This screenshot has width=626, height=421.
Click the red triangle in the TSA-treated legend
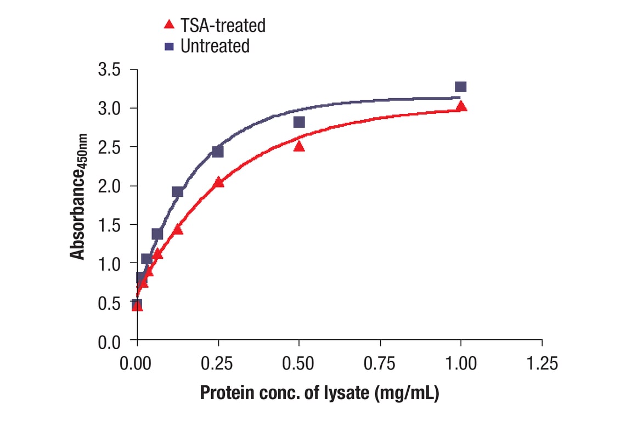pyautogui.click(x=170, y=24)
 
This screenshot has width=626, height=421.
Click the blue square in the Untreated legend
pyautogui.click(x=170, y=46)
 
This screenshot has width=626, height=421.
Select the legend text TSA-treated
pyautogui.click(x=223, y=25)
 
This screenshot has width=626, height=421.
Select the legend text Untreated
pyautogui.click(x=215, y=46)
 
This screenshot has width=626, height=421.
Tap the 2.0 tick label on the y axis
pyautogui.click(x=110, y=186)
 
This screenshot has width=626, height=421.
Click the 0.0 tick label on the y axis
pyautogui.click(x=110, y=342)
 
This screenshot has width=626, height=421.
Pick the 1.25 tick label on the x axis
pyautogui.click(x=542, y=363)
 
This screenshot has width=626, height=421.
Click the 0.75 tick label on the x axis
pyautogui.click(x=380, y=363)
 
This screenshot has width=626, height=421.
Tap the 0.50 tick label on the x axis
pyautogui.click(x=298, y=363)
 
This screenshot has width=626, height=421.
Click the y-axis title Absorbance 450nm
pyautogui.click(x=79, y=196)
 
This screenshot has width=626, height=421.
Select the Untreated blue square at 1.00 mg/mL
pyautogui.click(x=461, y=87)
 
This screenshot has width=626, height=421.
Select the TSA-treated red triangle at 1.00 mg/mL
pyautogui.click(x=461, y=106)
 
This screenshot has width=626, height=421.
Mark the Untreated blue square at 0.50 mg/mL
pyautogui.click(x=299, y=122)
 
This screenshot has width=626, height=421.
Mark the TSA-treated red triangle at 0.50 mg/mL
pyautogui.click(x=299, y=146)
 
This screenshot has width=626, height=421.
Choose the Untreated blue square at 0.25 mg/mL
pyautogui.click(x=218, y=151)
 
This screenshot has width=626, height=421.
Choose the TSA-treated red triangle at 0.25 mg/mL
pyautogui.click(x=219, y=182)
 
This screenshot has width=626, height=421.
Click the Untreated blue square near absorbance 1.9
pyautogui.click(x=177, y=191)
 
